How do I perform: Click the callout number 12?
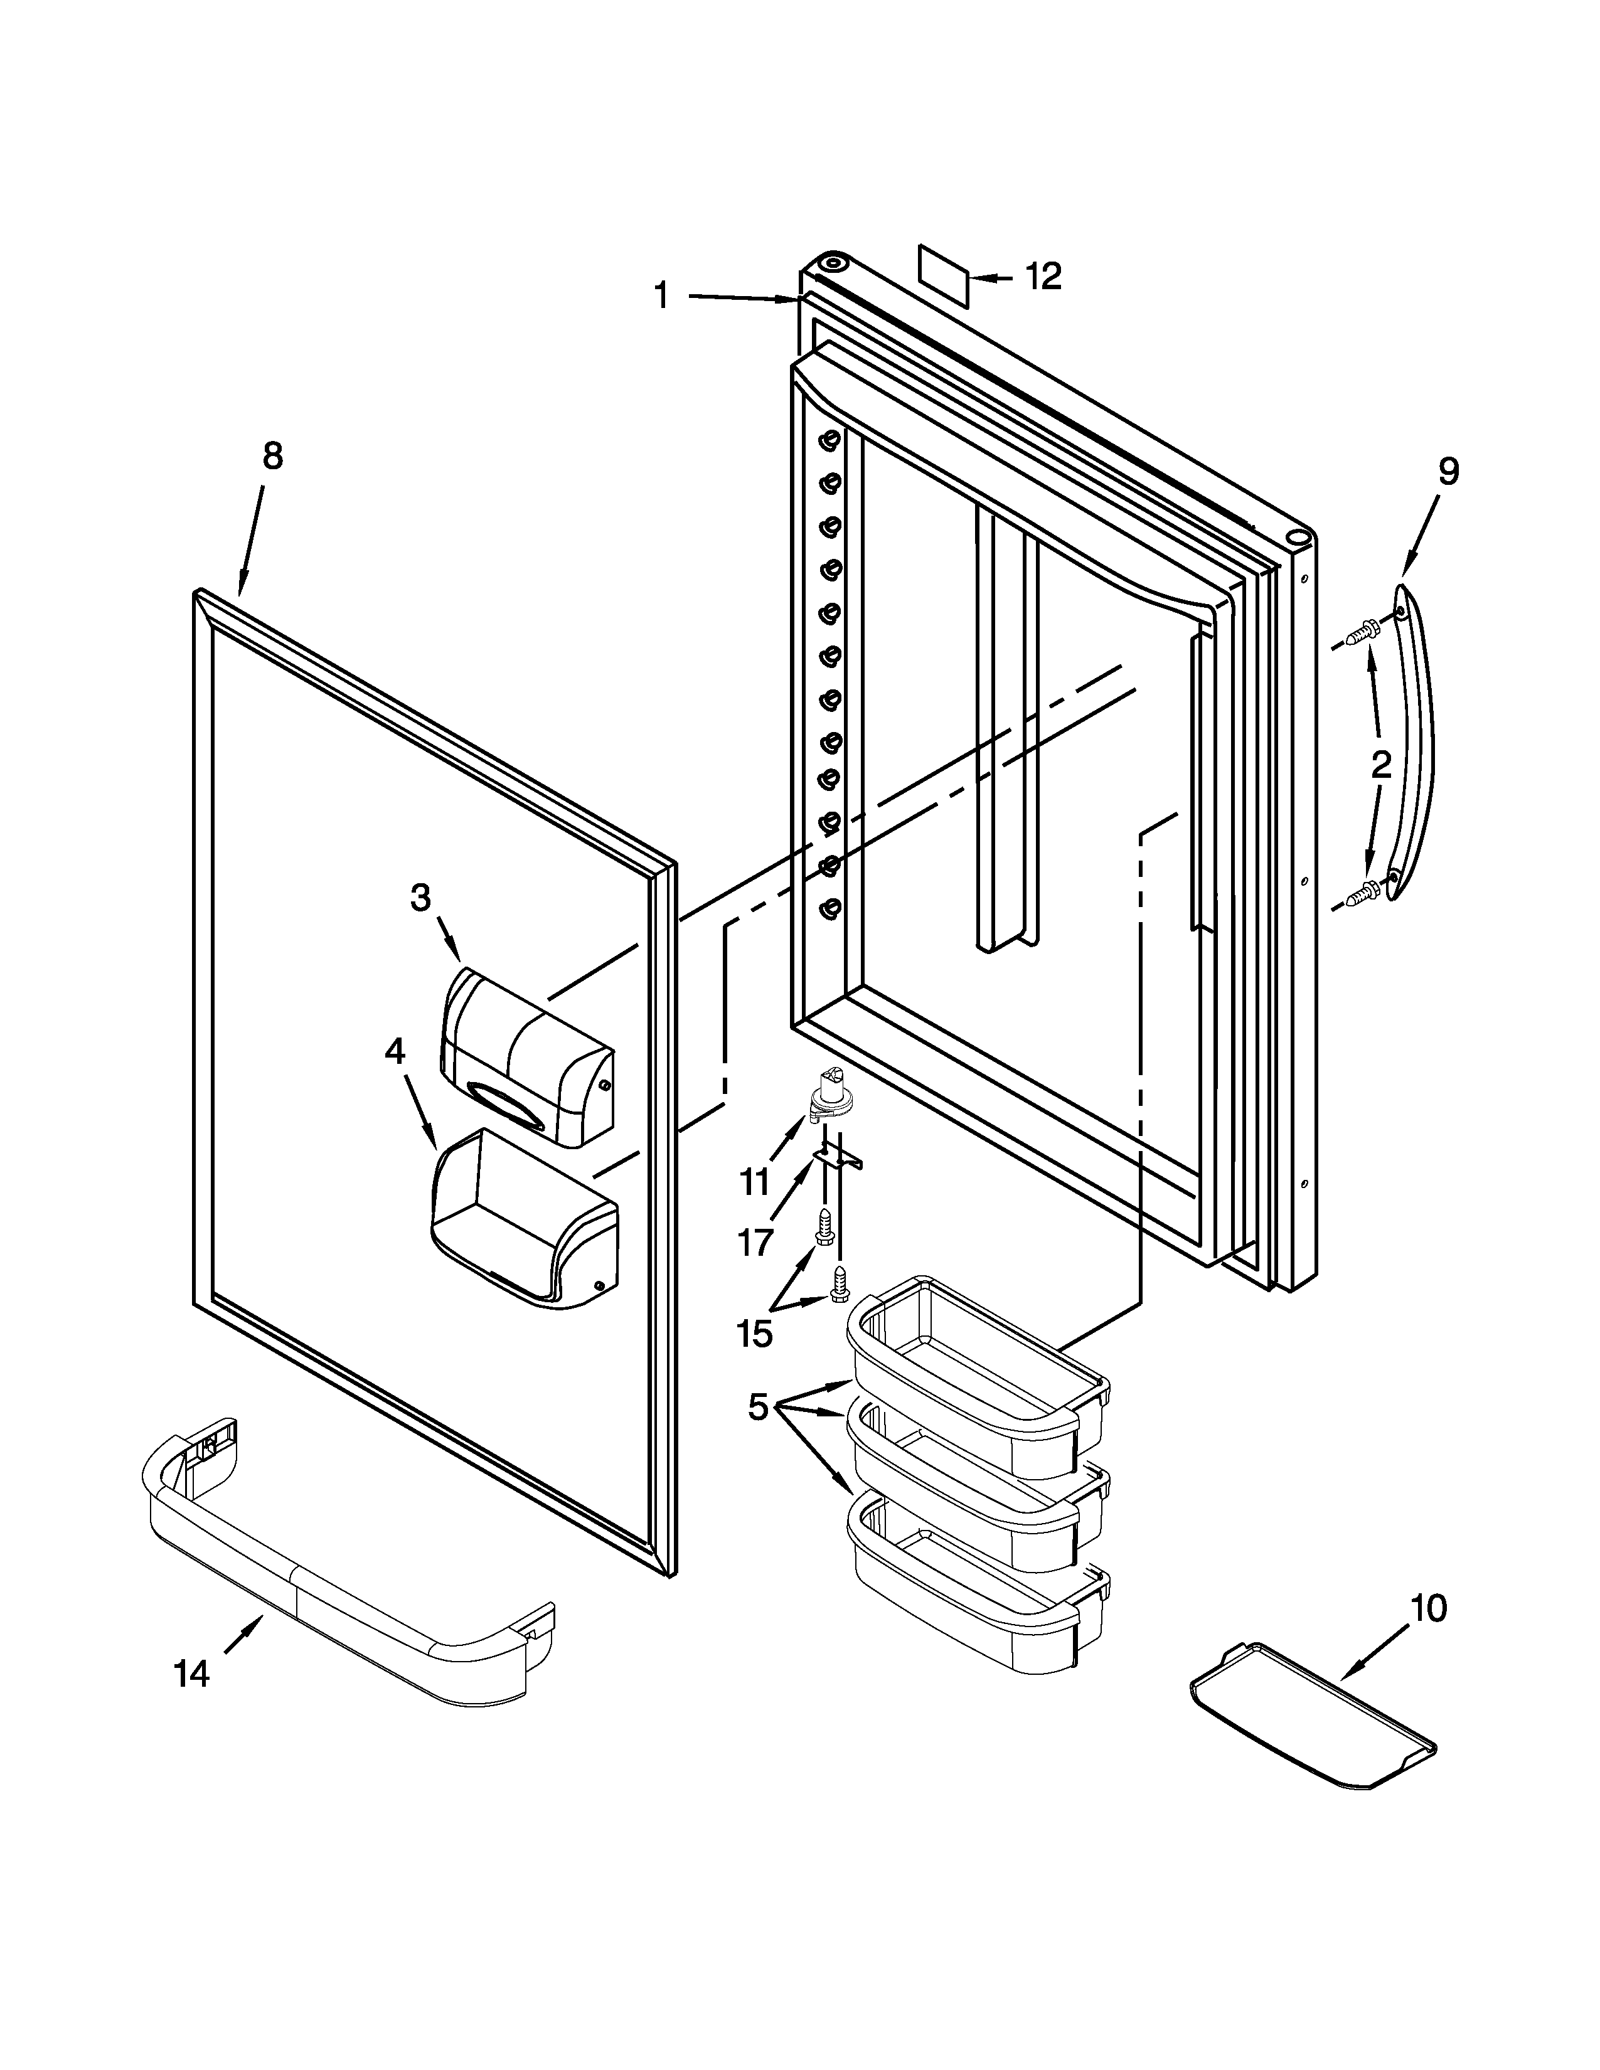[1043, 277]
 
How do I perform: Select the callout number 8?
[272, 456]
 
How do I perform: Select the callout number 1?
[661, 295]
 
